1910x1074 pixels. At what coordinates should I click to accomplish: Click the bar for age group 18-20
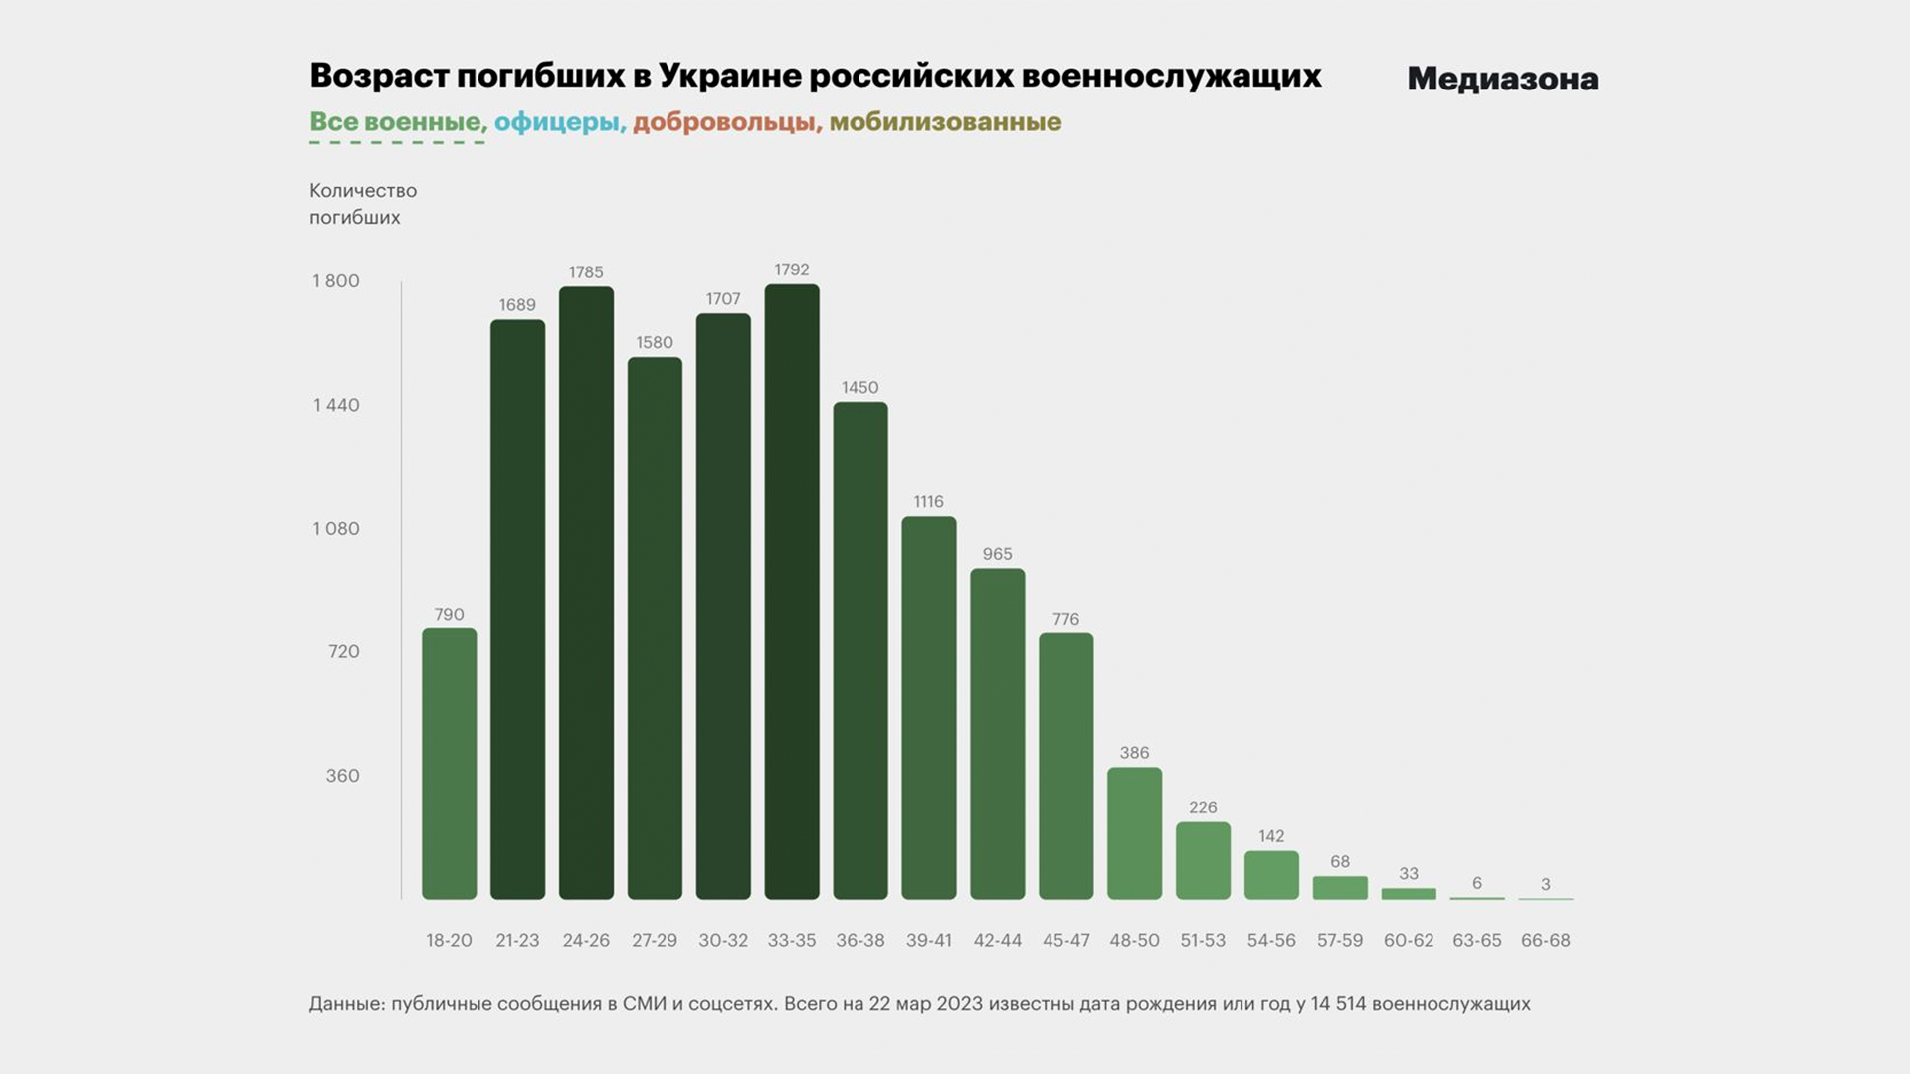tap(449, 764)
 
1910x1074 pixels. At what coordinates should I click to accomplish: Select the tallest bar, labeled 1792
tap(792, 592)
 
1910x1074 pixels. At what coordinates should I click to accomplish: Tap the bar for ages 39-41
tap(929, 707)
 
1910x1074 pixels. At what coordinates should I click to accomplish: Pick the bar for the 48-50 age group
tap(1134, 833)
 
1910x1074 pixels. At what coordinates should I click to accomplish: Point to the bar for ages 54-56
tap(1271, 875)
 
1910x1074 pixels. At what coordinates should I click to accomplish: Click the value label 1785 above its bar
tap(586, 272)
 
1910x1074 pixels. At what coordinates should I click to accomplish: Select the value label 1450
tap(860, 388)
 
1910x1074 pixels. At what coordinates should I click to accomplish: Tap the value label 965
tap(997, 554)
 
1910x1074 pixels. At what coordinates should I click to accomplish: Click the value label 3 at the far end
tap(1545, 884)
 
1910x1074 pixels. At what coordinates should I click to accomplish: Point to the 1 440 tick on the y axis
tap(336, 405)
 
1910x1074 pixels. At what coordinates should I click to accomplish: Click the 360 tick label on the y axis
tap(342, 776)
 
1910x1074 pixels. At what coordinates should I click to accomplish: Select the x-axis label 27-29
tap(655, 940)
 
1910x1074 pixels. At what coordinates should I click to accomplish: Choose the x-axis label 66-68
tap(1545, 940)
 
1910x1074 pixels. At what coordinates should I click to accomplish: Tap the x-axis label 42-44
tap(997, 940)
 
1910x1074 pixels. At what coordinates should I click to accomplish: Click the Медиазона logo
tap(1502, 79)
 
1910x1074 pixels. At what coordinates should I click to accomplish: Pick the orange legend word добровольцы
tap(726, 122)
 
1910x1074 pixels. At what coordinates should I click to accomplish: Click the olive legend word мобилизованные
tap(945, 122)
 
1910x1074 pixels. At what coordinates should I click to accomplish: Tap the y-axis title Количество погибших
tap(363, 204)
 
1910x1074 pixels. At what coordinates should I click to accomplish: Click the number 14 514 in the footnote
tap(1338, 1004)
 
